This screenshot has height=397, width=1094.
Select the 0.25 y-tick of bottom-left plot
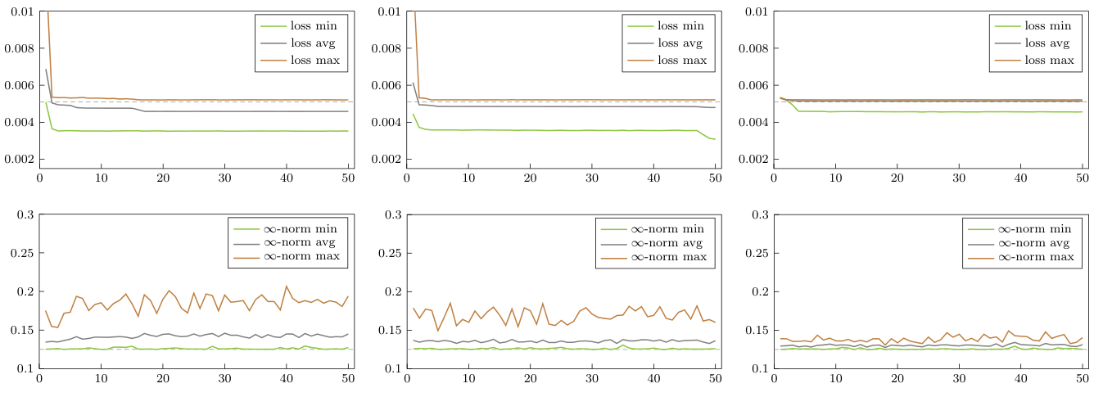point(24,253)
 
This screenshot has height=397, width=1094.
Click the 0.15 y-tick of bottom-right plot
point(758,330)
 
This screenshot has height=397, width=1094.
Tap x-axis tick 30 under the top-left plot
point(225,178)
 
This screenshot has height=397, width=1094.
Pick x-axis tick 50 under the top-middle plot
point(715,178)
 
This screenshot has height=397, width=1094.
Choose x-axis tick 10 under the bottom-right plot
point(836,379)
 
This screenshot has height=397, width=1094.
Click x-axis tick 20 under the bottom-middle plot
point(530,379)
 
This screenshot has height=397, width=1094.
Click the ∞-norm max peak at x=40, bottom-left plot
point(287,286)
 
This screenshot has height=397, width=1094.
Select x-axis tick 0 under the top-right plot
point(775,178)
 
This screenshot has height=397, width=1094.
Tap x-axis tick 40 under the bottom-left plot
point(287,379)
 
